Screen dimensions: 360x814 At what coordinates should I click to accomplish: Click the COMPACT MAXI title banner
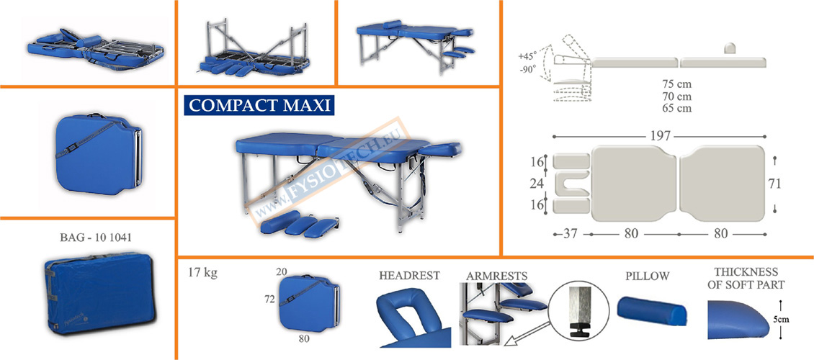coord(259,106)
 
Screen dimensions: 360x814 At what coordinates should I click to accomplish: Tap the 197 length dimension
coord(654,135)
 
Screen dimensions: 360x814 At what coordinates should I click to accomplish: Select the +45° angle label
coord(529,56)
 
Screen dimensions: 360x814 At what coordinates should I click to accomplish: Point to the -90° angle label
coord(529,70)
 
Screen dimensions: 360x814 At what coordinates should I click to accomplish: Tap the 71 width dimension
coord(774,184)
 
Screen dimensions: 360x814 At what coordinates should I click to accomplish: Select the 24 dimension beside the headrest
coord(536,184)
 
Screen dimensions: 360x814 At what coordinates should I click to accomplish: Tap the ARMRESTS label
coord(497,276)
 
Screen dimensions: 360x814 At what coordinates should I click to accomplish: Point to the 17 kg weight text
coord(202,273)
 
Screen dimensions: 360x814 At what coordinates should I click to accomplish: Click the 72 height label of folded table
coord(269,297)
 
